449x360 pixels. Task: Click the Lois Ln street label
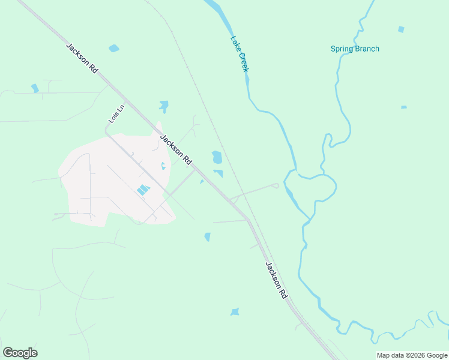tap(116, 114)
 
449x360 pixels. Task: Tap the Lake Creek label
tap(239, 54)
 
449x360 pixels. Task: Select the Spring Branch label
tap(355, 49)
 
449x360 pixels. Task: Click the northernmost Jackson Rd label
tap(82, 58)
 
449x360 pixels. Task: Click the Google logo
tap(20, 353)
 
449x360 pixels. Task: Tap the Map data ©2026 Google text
tap(412, 355)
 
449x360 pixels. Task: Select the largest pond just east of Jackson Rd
tap(217, 157)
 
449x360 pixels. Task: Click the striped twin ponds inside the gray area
tap(143, 190)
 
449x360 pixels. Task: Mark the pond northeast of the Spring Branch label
tap(401, 29)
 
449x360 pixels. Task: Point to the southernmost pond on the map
tap(235, 312)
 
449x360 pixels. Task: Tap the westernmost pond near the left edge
tap(35, 88)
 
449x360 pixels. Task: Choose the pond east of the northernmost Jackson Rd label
tap(113, 48)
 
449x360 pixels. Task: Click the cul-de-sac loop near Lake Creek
tap(276, 185)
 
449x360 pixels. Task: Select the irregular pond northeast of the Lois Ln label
tap(163, 107)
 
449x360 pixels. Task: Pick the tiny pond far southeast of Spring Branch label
tap(404, 107)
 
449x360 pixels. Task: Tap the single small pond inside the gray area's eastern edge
tap(163, 166)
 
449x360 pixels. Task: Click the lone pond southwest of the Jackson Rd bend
tap(208, 237)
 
